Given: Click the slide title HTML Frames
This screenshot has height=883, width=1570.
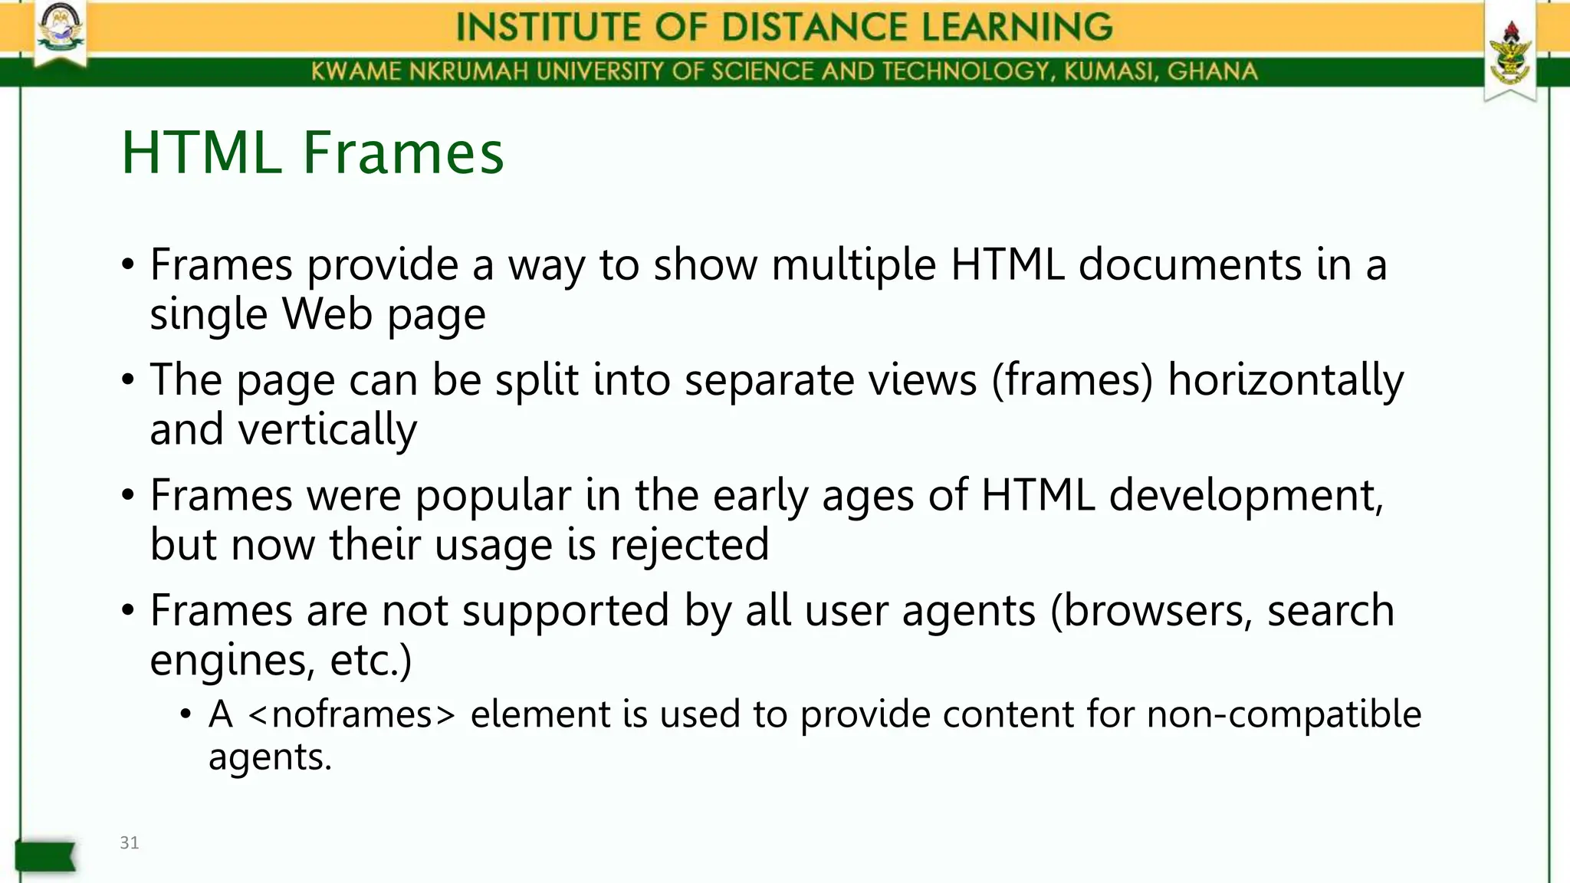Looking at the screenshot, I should [x=313, y=153].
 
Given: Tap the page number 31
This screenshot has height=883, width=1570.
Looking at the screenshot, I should [x=130, y=843].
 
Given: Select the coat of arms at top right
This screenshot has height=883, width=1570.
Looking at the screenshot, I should [x=1509, y=54].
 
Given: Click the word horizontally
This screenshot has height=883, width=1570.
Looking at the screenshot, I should [x=1285, y=381].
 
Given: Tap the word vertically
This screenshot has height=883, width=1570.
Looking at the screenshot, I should [x=327, y=429].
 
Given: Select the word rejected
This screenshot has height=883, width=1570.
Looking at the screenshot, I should [x=689, y=545].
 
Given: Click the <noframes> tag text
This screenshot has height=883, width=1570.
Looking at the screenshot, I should [x=351, y=714].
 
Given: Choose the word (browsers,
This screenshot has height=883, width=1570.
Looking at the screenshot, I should [x=1151, y=611].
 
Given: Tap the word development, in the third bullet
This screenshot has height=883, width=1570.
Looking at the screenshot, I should [x=1246, y=496].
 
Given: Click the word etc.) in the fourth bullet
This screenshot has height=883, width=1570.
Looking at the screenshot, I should [x=370, y=660].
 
